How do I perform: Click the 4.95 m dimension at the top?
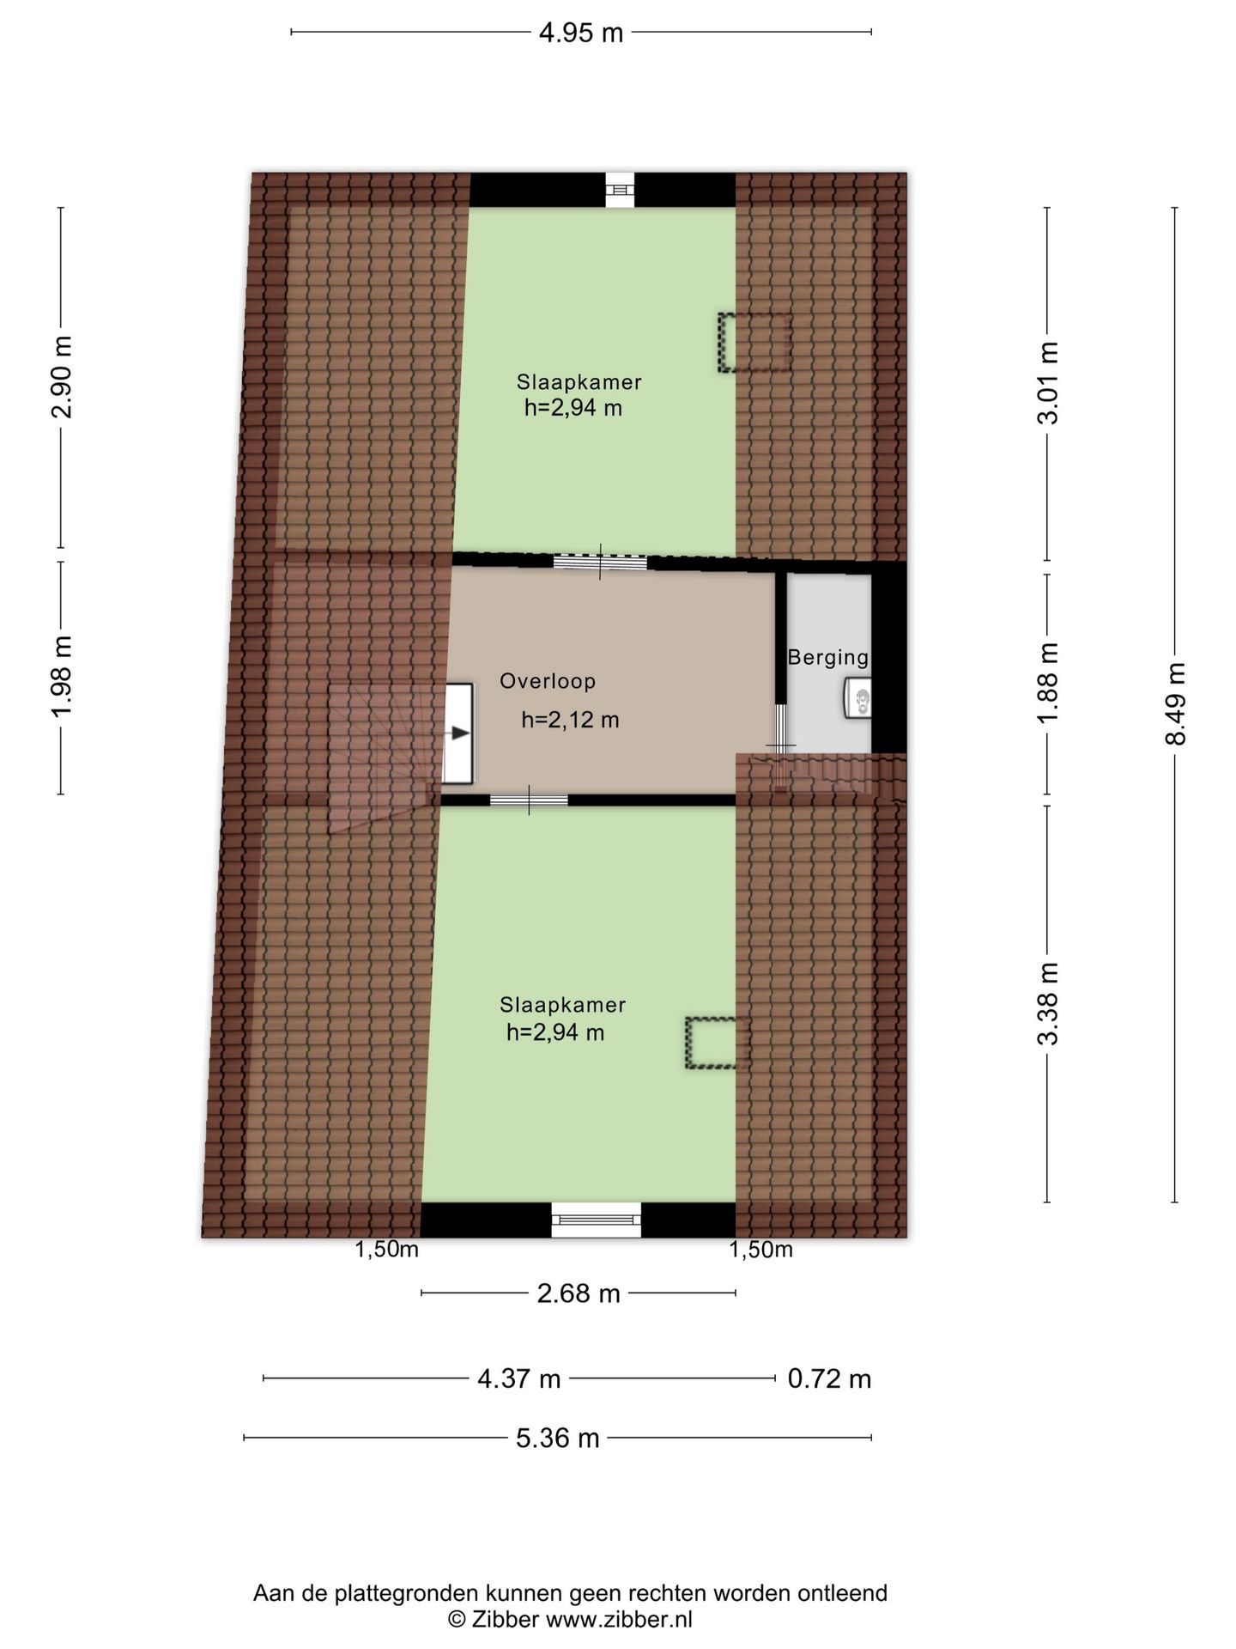[581, 33]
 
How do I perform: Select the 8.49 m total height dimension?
[1175, 703]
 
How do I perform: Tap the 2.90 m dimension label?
[62, 376]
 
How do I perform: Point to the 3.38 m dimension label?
[1048, 1002]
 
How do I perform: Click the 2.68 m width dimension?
[578, 1293]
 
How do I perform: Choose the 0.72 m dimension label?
[828, 1378]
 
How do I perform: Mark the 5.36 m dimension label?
[557, 1438]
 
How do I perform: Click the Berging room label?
[827, 657]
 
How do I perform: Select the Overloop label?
[548, 681]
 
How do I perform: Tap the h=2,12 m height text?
[570, 720]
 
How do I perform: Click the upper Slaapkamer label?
[579, 382]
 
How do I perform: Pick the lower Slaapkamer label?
[562, 1004]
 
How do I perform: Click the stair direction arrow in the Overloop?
[460, 733]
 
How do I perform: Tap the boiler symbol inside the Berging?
[857, 697]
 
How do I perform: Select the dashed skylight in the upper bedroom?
[754, 342]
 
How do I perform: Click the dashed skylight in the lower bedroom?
[718, 1043]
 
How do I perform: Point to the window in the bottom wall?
[596, 1219]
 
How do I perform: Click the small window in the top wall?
[620, 190]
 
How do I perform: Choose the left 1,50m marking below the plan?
[386, 1250]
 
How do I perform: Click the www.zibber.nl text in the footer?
[619, 1620]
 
